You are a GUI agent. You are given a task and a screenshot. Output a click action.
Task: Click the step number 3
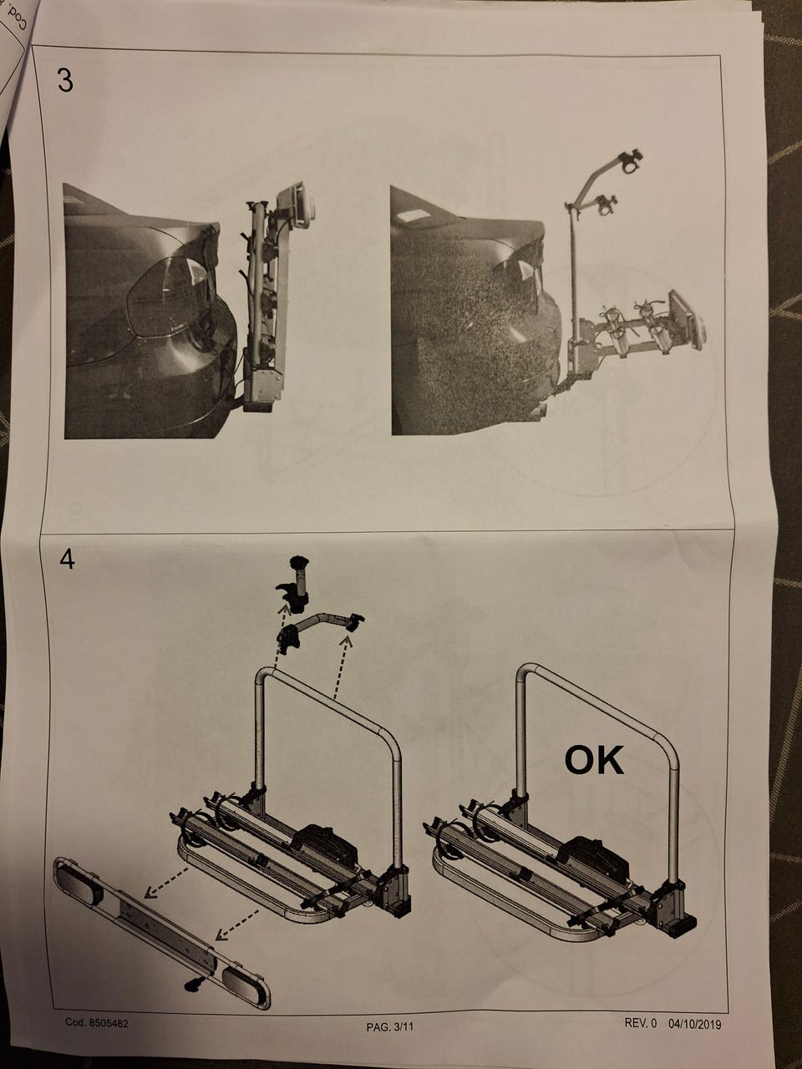(65, 81)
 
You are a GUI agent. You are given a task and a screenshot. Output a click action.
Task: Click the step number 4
(67, 560)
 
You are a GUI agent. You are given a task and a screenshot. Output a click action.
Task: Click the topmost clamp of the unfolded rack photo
(629, 160)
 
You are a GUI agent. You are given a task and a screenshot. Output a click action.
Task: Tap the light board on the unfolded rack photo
(686, 319)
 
